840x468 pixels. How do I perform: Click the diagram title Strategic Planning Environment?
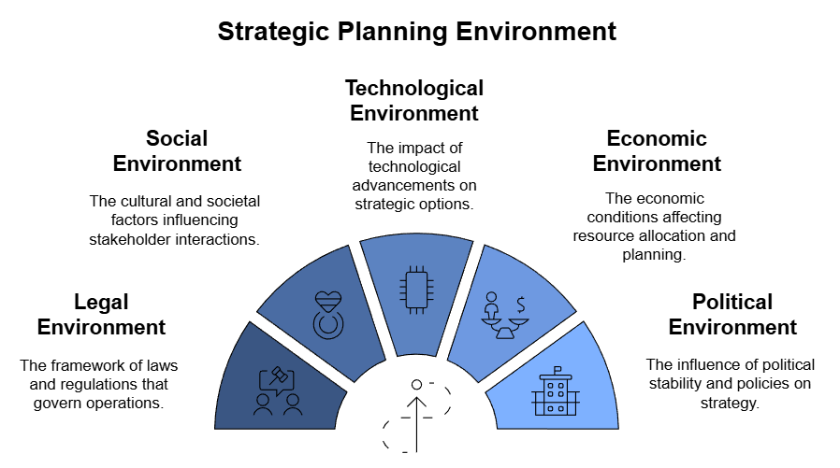417,31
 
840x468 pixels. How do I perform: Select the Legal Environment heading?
101,315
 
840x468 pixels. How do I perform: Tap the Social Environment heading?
177,150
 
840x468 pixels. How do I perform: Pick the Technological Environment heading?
414,101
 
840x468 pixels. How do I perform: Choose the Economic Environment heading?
657,150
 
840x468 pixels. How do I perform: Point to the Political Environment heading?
732,315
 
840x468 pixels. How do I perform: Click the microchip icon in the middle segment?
416,290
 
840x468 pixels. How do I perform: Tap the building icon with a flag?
556,391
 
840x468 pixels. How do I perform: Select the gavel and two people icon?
278,391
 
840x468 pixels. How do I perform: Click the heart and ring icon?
328,315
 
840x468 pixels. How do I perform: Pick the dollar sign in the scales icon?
521,305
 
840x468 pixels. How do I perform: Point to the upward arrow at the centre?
417,424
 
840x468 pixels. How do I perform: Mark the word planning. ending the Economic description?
654,255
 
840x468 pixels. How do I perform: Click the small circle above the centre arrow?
417,384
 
